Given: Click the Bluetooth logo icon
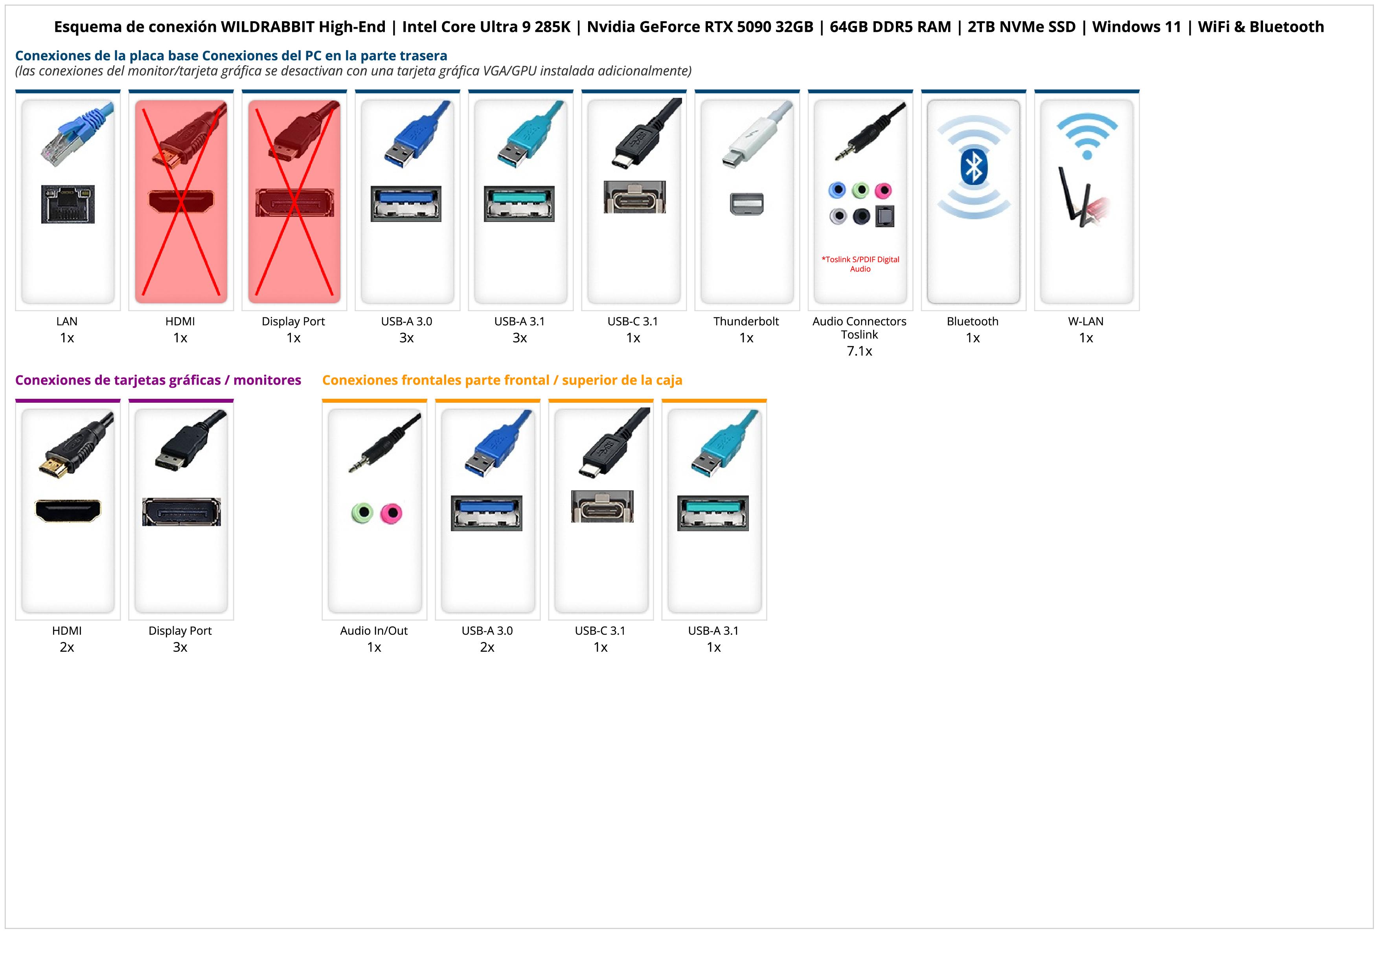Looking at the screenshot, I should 974,166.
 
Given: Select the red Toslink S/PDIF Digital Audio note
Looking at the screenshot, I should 860,264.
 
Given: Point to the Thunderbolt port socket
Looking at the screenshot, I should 746,204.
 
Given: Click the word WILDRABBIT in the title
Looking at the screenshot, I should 267,27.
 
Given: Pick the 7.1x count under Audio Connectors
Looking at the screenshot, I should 859,351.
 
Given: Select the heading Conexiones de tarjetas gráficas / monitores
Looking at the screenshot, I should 158,380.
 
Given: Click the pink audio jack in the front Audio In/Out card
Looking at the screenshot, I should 392,513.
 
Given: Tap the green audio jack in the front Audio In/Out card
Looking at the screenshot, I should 362,513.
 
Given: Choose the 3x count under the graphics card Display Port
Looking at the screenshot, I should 180,647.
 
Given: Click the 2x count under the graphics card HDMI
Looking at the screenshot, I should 67,647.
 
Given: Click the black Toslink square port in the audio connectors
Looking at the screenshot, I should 885,216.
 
